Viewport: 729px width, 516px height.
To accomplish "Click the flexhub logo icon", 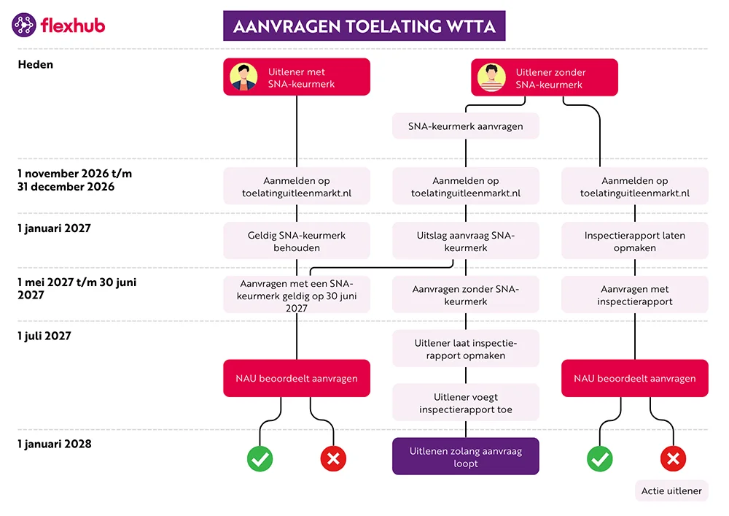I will pyautogui.click(x=24, y=26).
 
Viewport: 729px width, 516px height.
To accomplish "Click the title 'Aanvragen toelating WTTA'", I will pyautogui.click(x=364, y=27).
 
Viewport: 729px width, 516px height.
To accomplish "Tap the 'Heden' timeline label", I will pyautogui.click(x=35, y=64).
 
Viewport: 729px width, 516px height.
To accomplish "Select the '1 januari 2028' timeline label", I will pyautogui.click(x=55, y=443).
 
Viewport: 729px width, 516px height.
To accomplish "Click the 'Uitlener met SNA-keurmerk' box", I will pyautogui.click(x=296, y=77).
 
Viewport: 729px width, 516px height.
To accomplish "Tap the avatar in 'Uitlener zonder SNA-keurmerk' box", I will pyautogui.click(x=492, y=77).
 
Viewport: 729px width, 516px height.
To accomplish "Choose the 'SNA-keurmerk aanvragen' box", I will pyautogui.click(x=465, y=126).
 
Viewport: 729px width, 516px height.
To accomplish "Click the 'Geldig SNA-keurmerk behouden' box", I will pyautogui.click(x=296, y=241).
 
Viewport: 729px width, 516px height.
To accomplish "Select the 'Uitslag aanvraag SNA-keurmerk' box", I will pyautogui.click(x=465, y=241).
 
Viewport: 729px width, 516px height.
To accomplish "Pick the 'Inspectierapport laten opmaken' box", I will pyautogui.click(x=634, y=241).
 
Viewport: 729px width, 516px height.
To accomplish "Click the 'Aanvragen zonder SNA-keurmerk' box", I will pyautogui.click(x=465, y=295).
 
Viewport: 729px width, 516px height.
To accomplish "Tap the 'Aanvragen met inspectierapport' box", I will pyautogui.click(x=634, y=295).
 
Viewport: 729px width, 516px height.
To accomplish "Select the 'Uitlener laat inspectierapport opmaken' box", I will pyautogui.click(x=465, y=349).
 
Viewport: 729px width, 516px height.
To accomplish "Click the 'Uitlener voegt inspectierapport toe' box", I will pyautogui.click(x=465, y=403).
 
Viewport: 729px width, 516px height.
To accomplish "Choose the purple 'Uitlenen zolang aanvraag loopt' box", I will pyautogui.click(x=465, y=457).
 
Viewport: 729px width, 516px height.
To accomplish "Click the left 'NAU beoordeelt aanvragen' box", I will pyautogui.click(x=296, y=378).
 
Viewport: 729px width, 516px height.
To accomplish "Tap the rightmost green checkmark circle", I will pyautogui.click(x=600, y=458).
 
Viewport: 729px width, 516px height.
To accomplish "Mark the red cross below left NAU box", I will pyautogui.click(x=333, y=458).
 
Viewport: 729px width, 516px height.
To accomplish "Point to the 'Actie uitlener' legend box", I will pyautogui.click(x=671, y=490).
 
